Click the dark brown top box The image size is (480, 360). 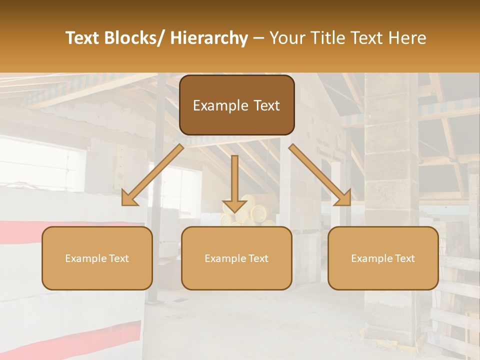[236, 105]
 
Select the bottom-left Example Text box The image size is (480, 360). [97, 258]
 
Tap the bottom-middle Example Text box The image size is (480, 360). [236, 258]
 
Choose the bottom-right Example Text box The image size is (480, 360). [383, 258]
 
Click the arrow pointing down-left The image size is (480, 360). [153, 174]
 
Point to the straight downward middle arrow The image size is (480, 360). [234, 183]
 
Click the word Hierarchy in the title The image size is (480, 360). [209, 38]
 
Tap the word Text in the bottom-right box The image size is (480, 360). [404, 258]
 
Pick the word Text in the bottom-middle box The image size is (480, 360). [257, 258]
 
